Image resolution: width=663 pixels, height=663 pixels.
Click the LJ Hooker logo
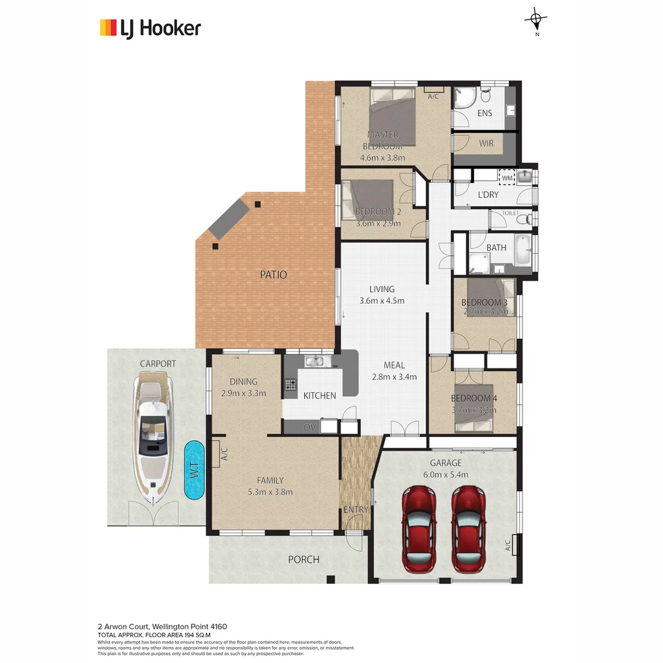tap(150, 28)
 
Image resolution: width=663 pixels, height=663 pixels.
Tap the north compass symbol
tap(537, 20)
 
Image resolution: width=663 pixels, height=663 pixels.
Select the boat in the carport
tap(153, 436)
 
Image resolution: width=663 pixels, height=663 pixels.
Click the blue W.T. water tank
tap(194, 470)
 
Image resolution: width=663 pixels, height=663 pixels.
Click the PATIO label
tap(274, 275)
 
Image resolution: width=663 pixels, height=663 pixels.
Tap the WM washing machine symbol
tap(507, 177)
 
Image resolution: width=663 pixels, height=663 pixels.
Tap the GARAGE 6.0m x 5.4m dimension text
tap(446, 475)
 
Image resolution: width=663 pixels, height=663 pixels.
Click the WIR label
tap(487, 144)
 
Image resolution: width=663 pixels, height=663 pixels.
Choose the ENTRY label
tap(355, 510)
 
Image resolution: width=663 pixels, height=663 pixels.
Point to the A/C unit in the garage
tap(515, 545)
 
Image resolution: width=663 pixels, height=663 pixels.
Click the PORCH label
tap(304, 559)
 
